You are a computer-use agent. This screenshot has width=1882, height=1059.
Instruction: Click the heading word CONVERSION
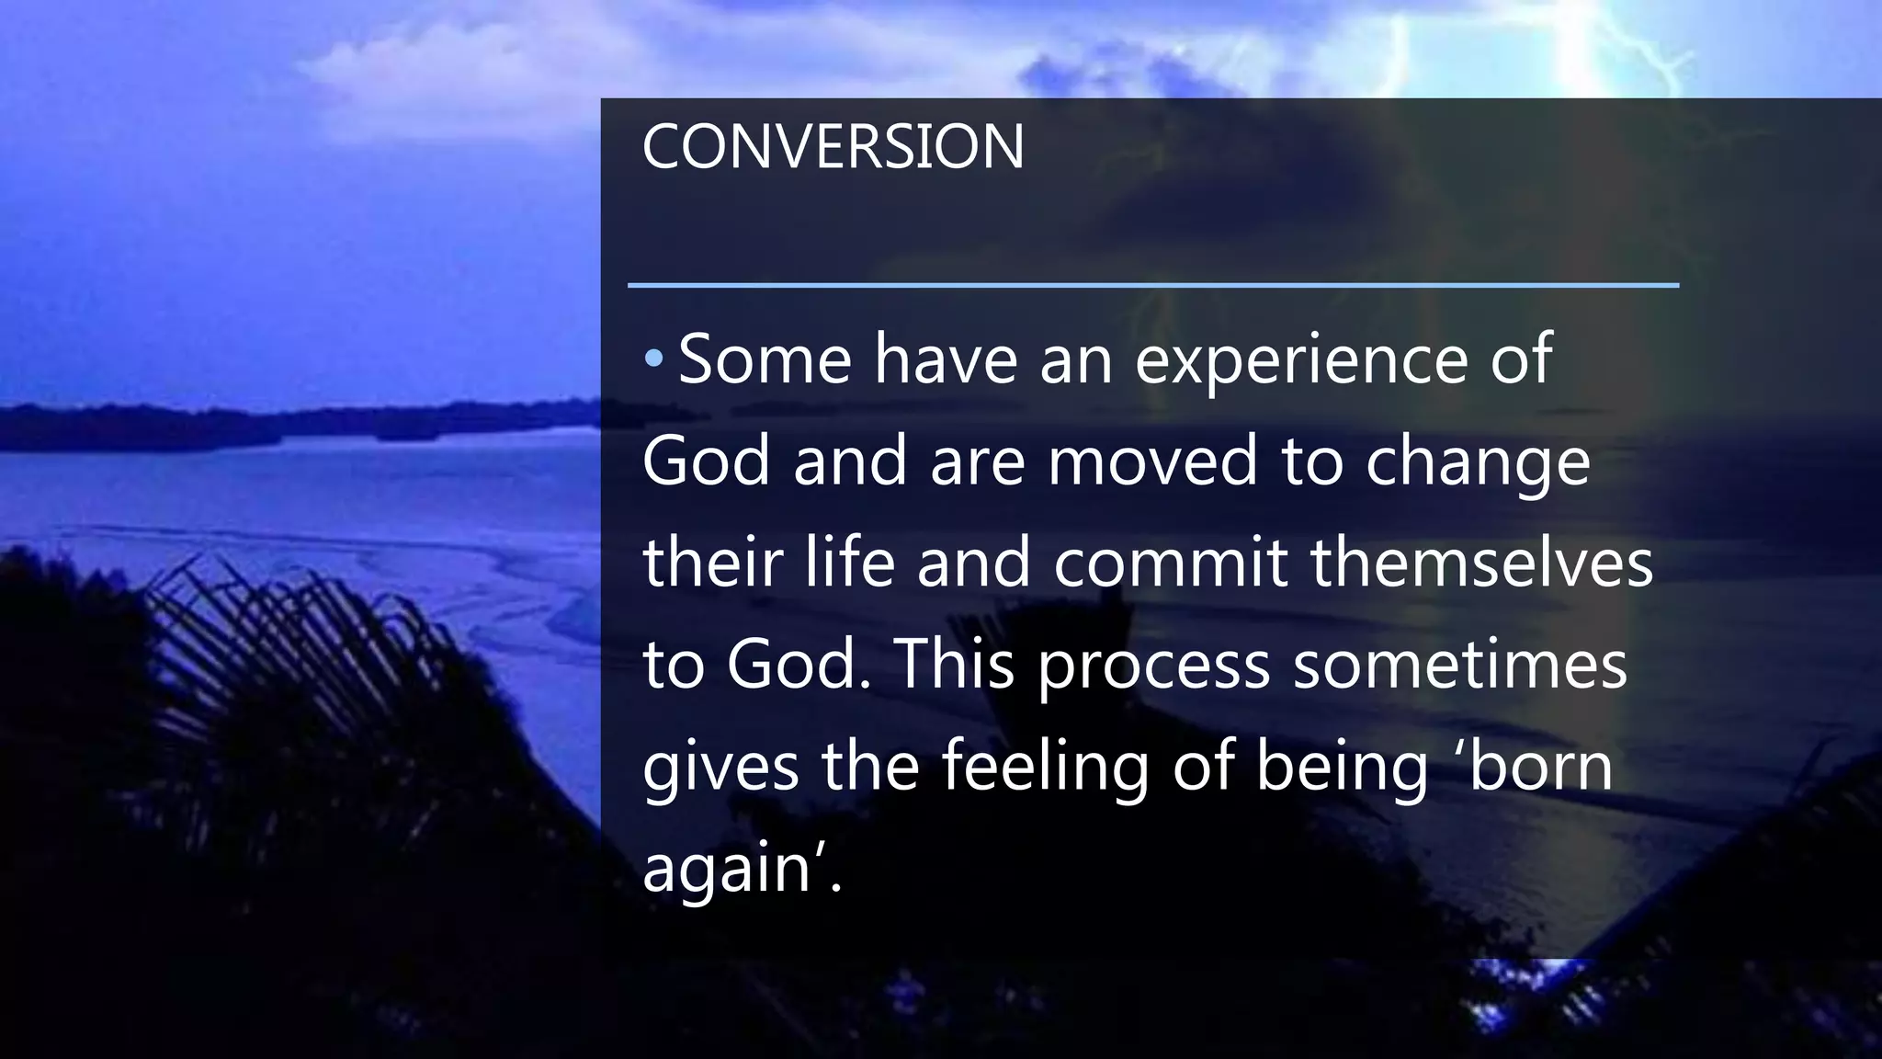(x=833, y=147)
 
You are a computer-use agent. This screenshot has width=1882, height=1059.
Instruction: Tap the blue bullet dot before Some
(x=652, y=359)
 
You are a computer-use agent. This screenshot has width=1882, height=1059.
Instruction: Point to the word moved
(x=1152, y=461)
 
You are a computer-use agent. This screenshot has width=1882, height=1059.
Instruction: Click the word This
(x=954, y=664)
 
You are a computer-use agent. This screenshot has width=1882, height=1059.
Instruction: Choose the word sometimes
(x=1460, y=664)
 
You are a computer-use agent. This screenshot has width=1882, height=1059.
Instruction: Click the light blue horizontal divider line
(x=1152, y=286)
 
